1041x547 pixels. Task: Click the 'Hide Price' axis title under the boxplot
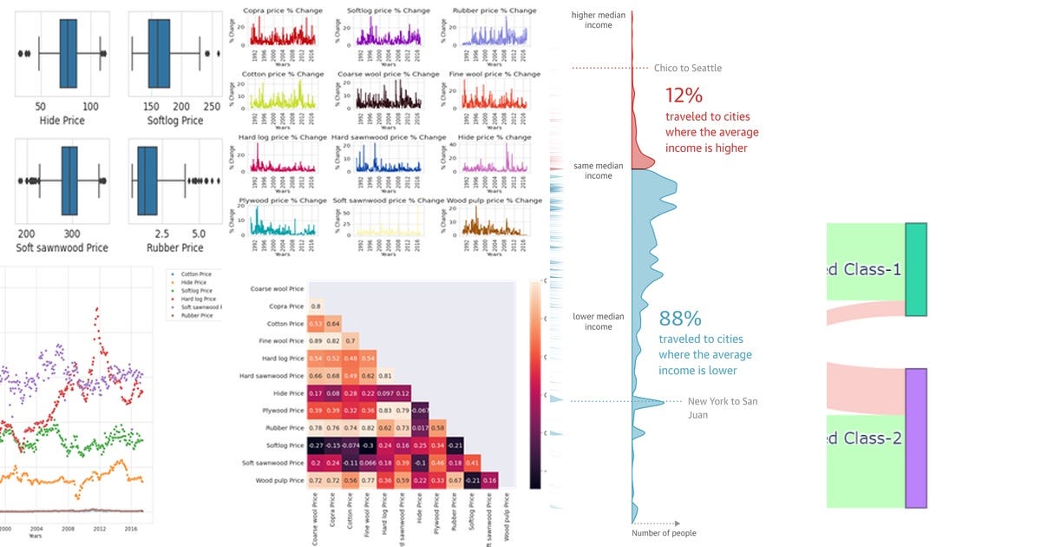62,121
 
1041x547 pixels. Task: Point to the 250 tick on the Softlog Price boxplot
211,105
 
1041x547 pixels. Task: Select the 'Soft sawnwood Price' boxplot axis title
61,248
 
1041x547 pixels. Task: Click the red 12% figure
684,96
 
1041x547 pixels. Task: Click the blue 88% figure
680,319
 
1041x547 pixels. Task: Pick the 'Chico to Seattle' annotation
687,69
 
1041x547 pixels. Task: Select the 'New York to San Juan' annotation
722,408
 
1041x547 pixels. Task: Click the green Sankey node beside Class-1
916,269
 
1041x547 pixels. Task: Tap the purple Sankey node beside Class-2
916,438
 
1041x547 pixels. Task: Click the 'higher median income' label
598,20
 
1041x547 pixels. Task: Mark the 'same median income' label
598,170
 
